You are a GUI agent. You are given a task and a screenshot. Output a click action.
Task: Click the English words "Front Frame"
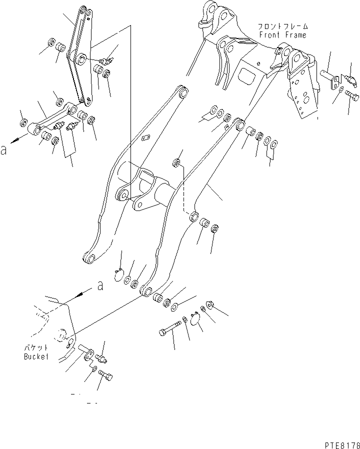282,35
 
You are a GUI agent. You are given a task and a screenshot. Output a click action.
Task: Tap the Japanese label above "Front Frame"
282,26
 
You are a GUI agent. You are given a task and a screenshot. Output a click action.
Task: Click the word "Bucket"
36,356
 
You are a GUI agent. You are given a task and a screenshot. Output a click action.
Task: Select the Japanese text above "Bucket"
36,348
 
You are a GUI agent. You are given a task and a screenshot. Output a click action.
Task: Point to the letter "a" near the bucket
100,286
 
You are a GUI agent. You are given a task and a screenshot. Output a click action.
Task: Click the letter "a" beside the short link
4,149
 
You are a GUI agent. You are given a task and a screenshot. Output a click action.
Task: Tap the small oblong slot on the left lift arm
146,138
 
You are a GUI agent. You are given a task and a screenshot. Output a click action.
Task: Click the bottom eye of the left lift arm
89,258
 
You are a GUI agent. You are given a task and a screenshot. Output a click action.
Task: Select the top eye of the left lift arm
182,92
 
